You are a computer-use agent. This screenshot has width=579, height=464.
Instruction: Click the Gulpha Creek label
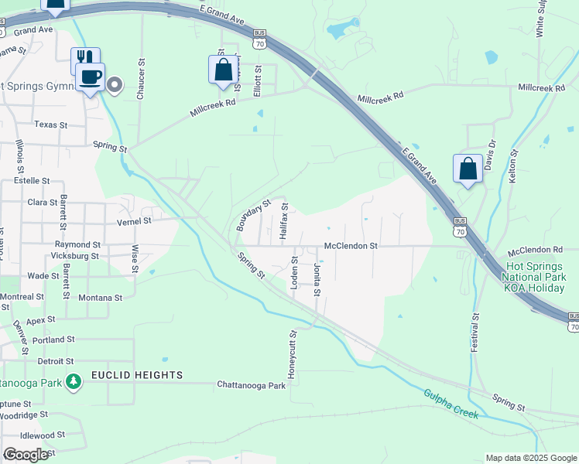click(x=451, y=404)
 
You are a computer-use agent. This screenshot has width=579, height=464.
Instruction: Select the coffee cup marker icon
click(x=91, y=78)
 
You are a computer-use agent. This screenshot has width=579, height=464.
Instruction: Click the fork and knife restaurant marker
click(x=84, y=59)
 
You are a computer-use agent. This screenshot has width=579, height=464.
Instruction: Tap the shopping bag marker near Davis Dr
click(x=468, y=169)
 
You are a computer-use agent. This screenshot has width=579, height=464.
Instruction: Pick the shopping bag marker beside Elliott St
click(x=223, y=70)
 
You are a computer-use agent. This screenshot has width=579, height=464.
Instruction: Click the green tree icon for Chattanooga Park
click(x=74, y=381)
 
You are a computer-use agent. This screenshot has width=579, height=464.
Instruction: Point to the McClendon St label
click(x=350, y=246)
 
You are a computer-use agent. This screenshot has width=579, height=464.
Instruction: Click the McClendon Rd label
click(x=535, y=251)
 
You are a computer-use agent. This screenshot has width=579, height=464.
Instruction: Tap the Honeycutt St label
click(x=293, y=355)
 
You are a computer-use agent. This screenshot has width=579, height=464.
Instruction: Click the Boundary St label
click(x=253, y=216)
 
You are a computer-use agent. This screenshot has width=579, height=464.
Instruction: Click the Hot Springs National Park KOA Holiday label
click(x=535, y=276)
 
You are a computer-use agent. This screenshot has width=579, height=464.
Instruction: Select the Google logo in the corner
click(x=26, y=454)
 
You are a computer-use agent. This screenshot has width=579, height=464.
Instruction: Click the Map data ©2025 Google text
click(x=530, y=458)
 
